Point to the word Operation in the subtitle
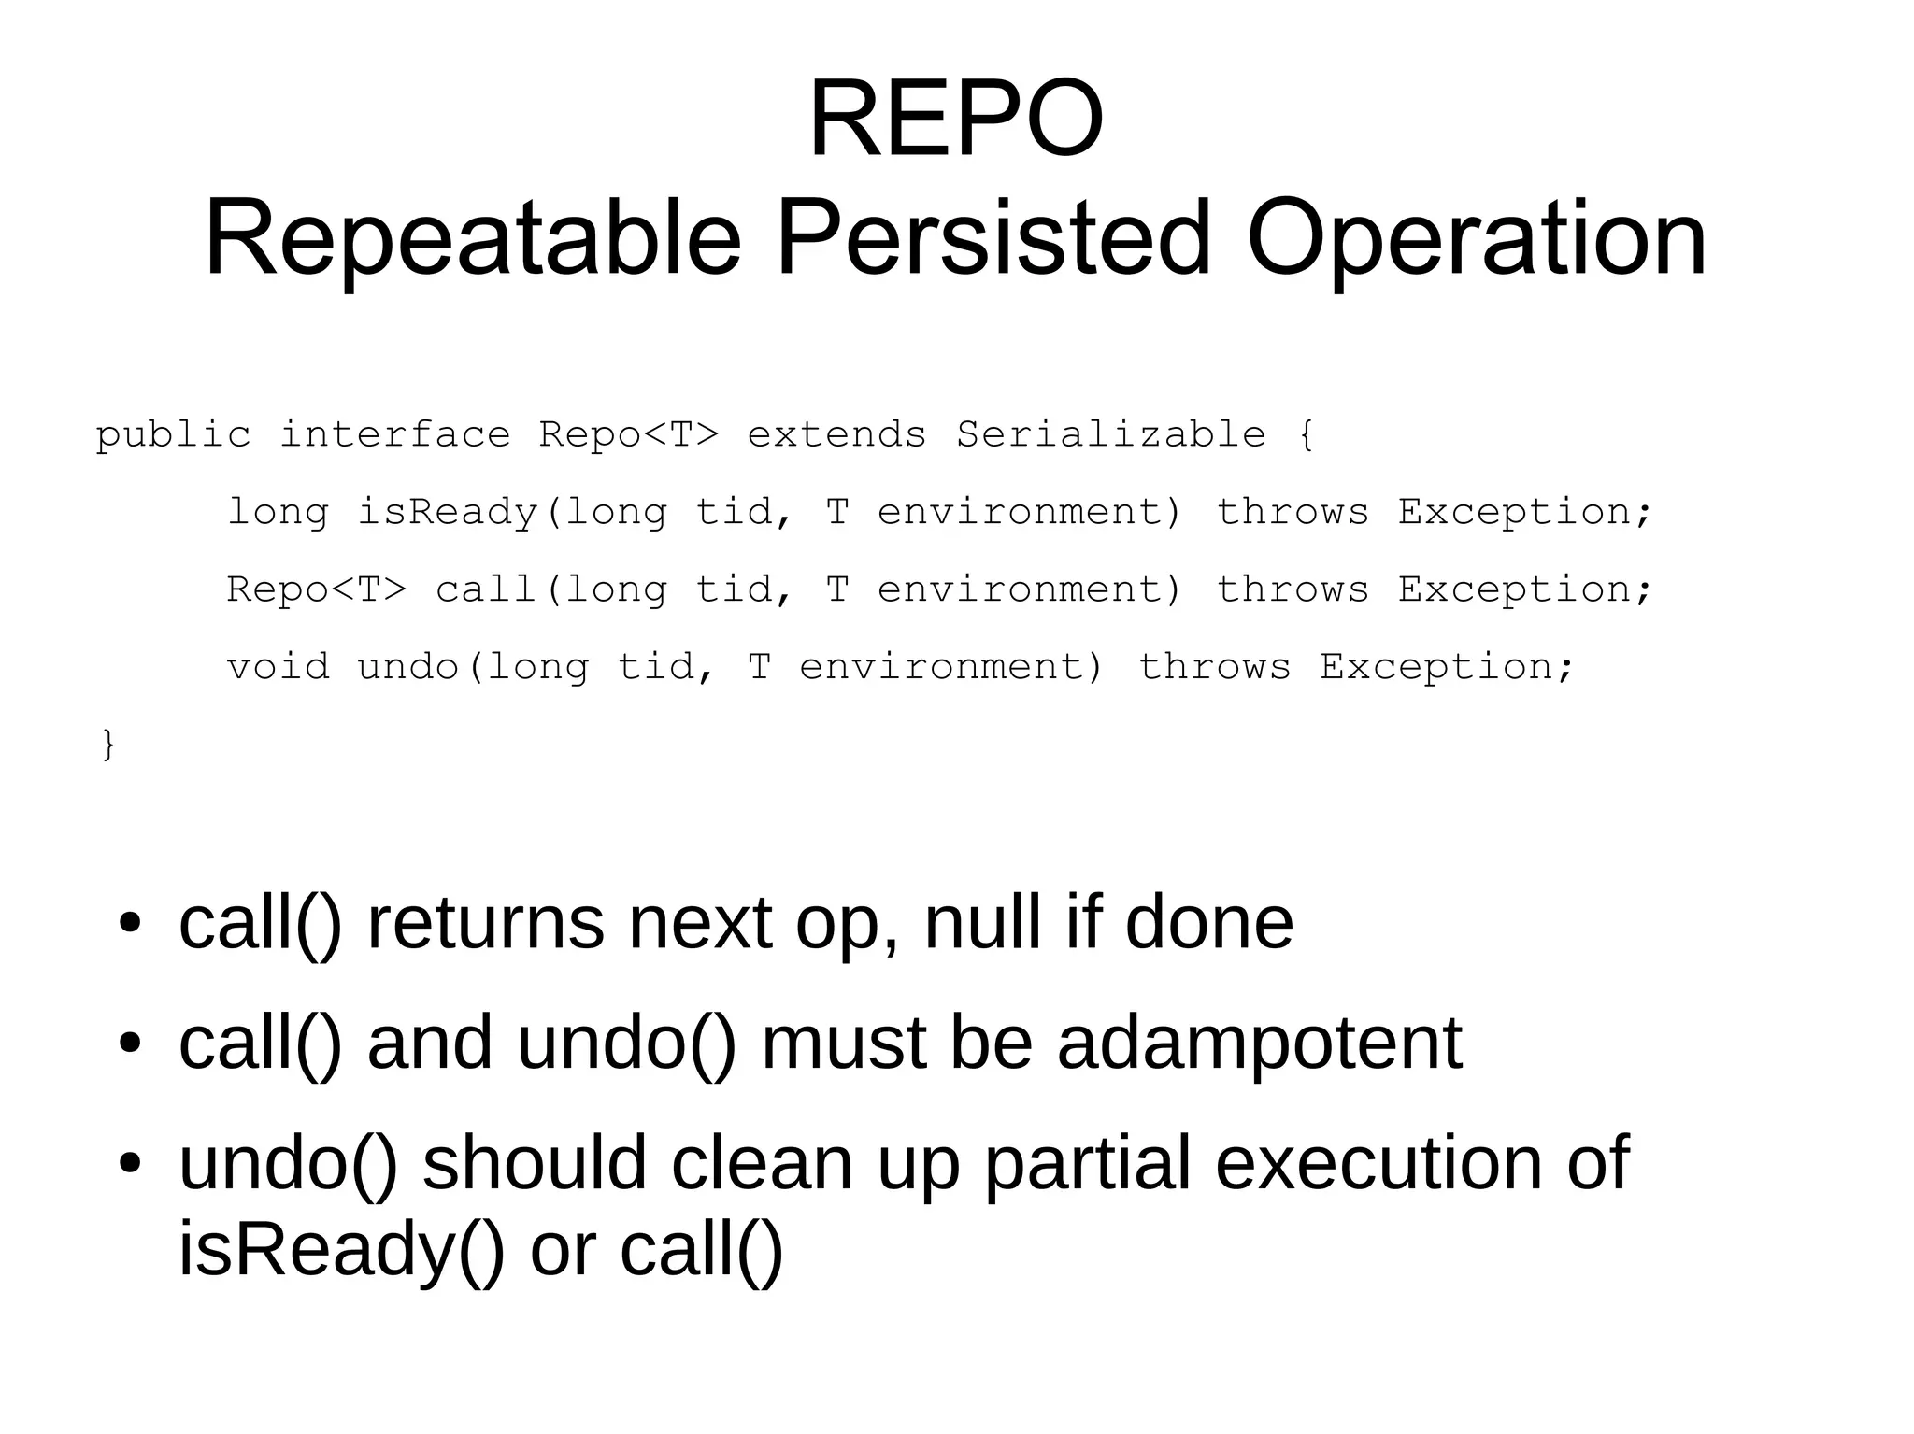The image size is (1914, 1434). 1477,241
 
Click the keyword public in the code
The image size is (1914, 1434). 173,435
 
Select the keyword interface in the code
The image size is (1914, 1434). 394,434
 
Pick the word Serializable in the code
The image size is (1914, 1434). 1110,434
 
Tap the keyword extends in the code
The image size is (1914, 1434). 836,434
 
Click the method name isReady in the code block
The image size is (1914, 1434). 448,512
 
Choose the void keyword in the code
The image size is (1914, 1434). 278,667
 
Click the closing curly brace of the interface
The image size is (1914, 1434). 108,745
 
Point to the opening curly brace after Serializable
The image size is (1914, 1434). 1306,434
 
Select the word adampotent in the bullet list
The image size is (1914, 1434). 1259,1043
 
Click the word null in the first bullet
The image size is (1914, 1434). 981,922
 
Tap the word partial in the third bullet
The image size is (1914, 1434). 1088,1163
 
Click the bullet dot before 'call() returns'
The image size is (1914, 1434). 130,923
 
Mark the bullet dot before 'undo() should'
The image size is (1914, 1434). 130,1164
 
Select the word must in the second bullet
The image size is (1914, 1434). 843,1043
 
